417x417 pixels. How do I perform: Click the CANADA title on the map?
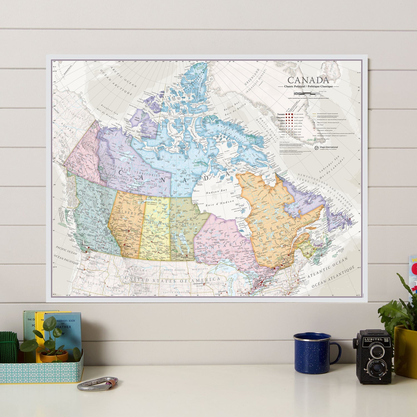coord(308,80)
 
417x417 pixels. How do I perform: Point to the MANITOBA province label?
coord(186,224)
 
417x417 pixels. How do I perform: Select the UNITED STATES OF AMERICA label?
coord(172,280)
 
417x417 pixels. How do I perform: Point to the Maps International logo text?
coord(328,147)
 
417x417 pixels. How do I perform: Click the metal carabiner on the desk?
coord(97,384)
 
